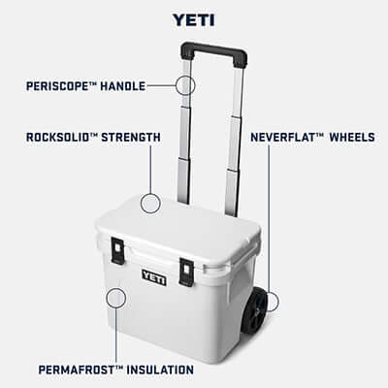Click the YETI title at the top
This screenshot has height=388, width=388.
(x=193, y=18)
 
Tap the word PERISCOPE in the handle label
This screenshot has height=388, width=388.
(x=59, y=86)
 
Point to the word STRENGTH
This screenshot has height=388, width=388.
(x=132, y=138)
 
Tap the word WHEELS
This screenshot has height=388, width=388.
(x=351, y=138)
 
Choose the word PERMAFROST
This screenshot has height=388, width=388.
(x=79, y=370)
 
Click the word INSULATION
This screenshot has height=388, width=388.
(x=158, y=370)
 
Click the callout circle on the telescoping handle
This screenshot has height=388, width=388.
(x=185, y=84)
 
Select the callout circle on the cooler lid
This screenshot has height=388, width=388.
(x=149, y=203)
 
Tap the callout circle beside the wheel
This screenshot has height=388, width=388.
(x=270, y=302)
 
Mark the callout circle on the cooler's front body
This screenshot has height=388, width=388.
(x=116, y=297)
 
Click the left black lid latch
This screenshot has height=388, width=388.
(x=117, y=250)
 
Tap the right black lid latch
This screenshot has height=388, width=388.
(x=186, y=271)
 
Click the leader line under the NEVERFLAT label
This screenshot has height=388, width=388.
(x=269, y=213)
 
